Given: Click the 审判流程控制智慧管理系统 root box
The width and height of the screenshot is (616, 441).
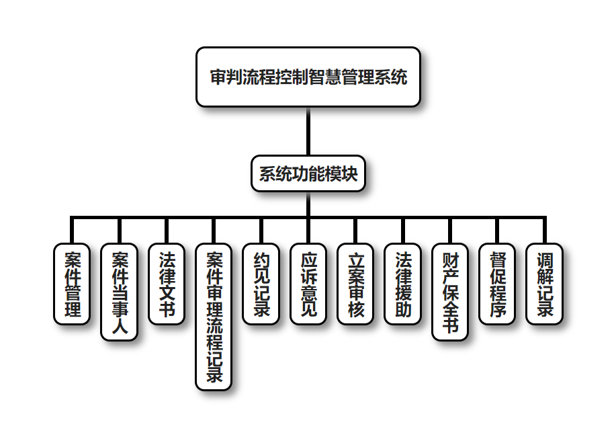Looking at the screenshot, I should [x=308, y=77].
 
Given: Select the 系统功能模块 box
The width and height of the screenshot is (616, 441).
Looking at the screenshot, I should [x=308, y=173].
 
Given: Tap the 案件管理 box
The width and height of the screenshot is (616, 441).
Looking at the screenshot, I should [x=72, y=284].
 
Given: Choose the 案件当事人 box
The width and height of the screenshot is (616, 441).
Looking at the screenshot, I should [x=120, y=292].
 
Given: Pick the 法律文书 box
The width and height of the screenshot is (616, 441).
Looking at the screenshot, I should [x=167, y=284].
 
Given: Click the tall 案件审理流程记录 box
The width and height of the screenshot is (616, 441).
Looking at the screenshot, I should [x=214, y=317].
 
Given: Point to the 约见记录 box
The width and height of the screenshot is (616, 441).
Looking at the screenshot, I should [x=261, y=284].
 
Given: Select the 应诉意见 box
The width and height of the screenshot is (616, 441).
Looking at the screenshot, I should [x=308, y=284].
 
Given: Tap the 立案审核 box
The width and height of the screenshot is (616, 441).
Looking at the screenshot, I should [x=355, y=284].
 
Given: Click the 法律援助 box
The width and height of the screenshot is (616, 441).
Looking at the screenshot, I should [x=402, y=284].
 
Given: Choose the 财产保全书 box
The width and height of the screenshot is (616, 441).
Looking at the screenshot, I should [x=450, y=292].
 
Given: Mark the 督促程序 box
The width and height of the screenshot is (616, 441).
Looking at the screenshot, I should [x=497, y=284].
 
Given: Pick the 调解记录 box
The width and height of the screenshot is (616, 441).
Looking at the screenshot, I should [x=544, y=284].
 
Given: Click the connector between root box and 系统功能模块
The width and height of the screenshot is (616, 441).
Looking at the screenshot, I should [x=308, y=131].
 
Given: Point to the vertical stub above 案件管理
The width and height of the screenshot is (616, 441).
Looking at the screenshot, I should [x=72, y=230].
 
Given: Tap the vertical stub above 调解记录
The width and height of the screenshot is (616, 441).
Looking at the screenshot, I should [x=544, y=230].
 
